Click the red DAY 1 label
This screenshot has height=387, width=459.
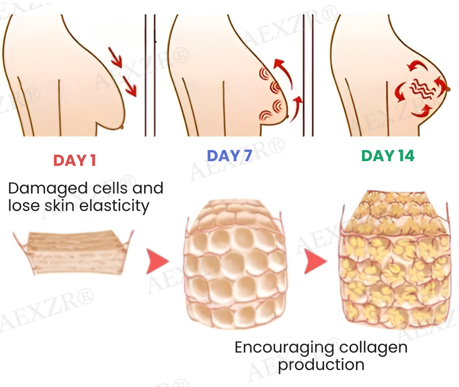click(x=75, y=160)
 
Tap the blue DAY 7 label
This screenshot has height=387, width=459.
click(x=229, y=156)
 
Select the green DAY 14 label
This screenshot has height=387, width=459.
click(x=388, y=156)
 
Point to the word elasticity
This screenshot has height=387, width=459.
click(x=114, y=206)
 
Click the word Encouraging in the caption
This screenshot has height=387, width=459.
click(x=284, y=348)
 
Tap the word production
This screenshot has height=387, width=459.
click(x=321, y=365)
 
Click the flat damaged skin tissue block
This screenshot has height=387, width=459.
click(x=73, y=252)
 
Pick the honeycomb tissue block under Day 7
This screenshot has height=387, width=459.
click(x=235, y=264)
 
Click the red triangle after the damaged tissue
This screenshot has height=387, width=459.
click(x=157, y=261)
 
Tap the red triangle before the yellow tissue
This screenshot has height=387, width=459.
click(x=315, y=261)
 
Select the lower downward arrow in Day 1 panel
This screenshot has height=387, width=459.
click(x=129, y=86)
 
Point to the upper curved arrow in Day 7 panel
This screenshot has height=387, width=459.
click(x=284, y=72)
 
